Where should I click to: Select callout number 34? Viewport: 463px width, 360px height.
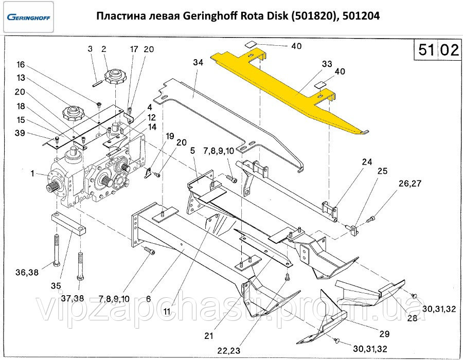point(199,62)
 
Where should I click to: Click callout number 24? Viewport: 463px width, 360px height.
point(366,160)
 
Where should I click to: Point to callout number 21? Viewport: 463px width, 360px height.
point(208,336)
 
